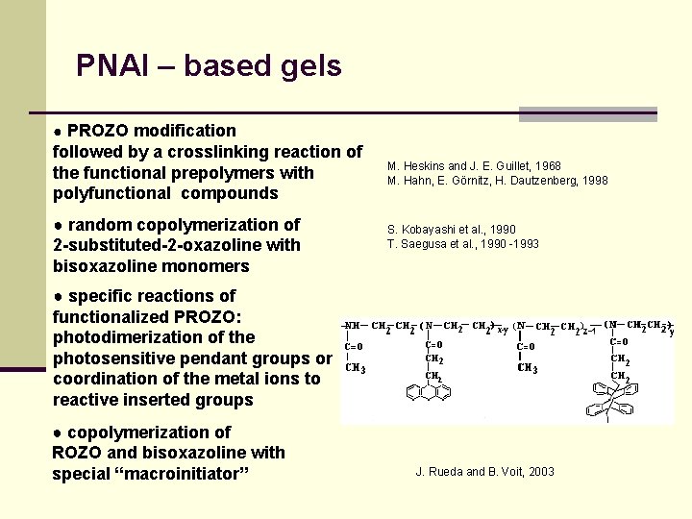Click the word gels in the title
click(309, 66)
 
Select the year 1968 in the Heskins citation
click(547, 166)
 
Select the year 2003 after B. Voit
click(540, 472)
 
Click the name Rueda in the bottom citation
click(444, 472)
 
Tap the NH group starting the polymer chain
click(353, 326)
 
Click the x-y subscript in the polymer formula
click(503, 332)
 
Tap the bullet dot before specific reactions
click(59, 296)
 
